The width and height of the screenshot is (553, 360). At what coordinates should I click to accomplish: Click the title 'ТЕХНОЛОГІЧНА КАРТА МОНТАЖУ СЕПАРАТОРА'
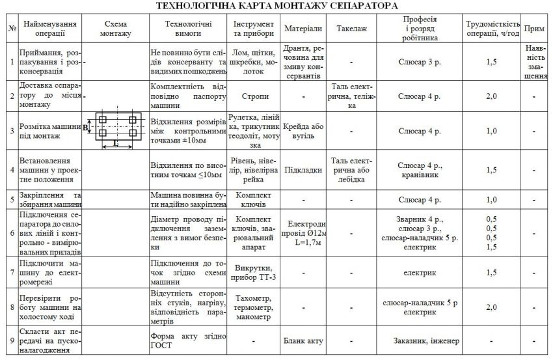(277, 6)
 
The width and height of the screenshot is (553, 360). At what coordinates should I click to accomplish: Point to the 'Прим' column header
(534, 30)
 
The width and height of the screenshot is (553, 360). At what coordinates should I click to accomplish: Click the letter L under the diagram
(115, 142)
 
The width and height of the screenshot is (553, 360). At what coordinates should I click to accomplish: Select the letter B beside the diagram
(85, 128)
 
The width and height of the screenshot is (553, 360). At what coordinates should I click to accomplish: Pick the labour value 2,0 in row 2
(491, 96)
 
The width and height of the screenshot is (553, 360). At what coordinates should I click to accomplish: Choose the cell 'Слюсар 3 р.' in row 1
(419, 62)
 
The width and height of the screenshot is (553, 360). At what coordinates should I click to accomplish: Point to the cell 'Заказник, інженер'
(419, 340)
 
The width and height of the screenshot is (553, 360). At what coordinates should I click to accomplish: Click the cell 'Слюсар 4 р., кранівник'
(419, 169)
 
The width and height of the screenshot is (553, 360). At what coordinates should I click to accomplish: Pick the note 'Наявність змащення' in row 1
(534, 62)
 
